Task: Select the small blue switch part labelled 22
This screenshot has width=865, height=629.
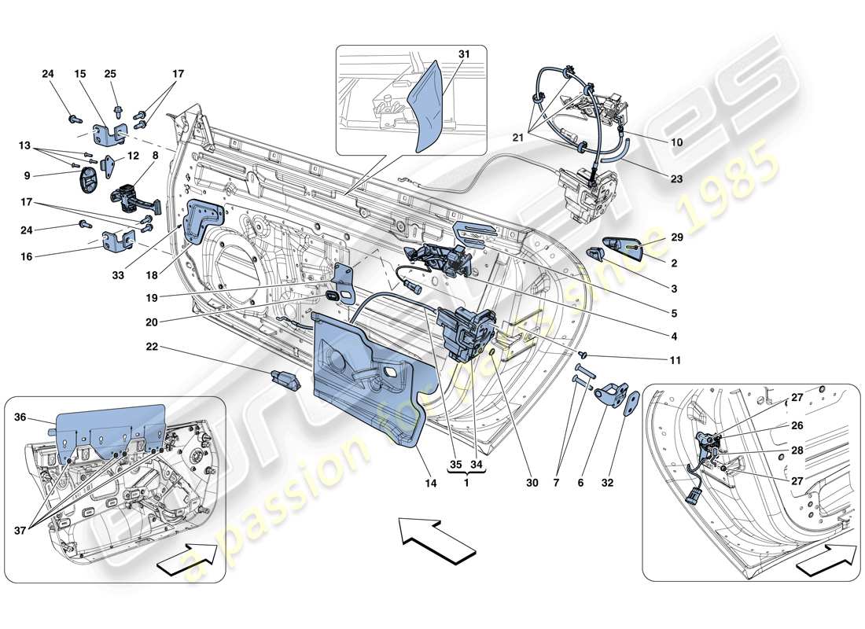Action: [x=285, y=380]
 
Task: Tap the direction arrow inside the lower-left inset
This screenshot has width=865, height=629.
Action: [x=189, y=560]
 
